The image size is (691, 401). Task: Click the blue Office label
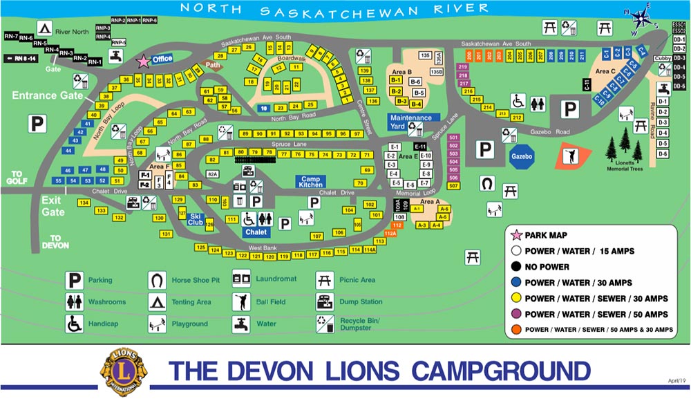click(162, 59)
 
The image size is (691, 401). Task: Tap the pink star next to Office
click(143, 61)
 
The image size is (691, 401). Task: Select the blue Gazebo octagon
click(522, 156)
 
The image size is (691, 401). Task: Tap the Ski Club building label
click(196, 220)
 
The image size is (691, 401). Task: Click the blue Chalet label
click(256, 232)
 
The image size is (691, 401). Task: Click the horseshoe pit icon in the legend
click(158, 281)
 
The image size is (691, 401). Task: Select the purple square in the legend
click(513, 315)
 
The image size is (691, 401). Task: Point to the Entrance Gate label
click(39, 95)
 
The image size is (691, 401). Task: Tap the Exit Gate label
click(53, 205)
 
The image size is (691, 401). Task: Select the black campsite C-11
click(587, 85)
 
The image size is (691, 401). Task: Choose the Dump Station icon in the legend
click(324, 301)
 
